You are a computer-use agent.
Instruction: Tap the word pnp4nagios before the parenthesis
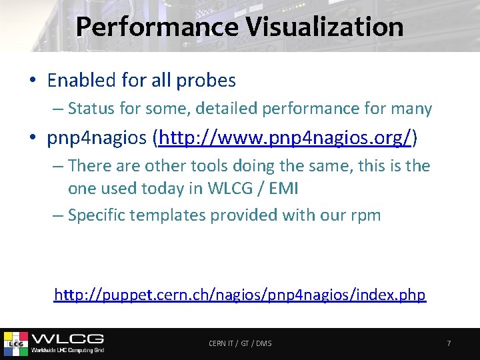click(98, 138)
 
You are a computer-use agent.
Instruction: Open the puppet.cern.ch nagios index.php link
click(239, 295)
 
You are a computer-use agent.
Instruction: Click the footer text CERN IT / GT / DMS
click(240, 343)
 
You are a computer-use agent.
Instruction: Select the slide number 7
click(449, 343)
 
